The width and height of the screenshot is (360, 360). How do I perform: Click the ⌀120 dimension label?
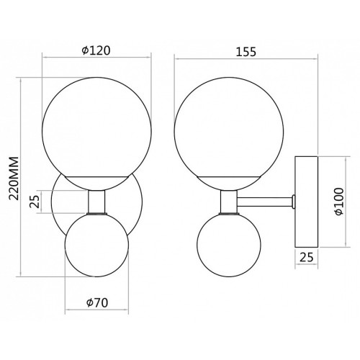(x=96, y=51)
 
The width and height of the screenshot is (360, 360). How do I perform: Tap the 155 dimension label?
(x=246, y=52)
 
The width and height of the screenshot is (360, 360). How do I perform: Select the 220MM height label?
(x=14, y=178)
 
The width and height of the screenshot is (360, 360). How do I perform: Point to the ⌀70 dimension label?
(x=97, y=303)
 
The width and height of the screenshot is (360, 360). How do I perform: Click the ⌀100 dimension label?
(x=339, y=202)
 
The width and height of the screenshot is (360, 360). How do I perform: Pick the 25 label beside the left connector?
(x=34, y=202)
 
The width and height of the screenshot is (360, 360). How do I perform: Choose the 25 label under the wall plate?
(x=307, y=258)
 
